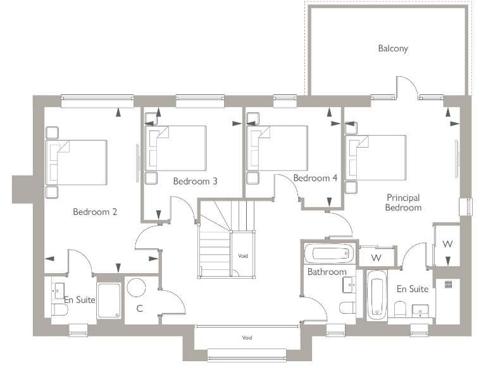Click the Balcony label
click(x=393, y=48)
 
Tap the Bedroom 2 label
click(x=95, y=212)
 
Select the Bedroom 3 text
click(x=196, y=181)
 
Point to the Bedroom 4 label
click(x=315, y=178)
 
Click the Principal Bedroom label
click(x=403, y=203)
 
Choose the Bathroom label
click(x=327, y=272)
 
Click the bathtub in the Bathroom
click(x=328, y=254)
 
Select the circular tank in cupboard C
click(x=136, y=287)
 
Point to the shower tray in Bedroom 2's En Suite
click(x=109, y=301)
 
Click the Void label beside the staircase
click(x=243, y=256)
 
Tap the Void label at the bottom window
click(x=246, y=338)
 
